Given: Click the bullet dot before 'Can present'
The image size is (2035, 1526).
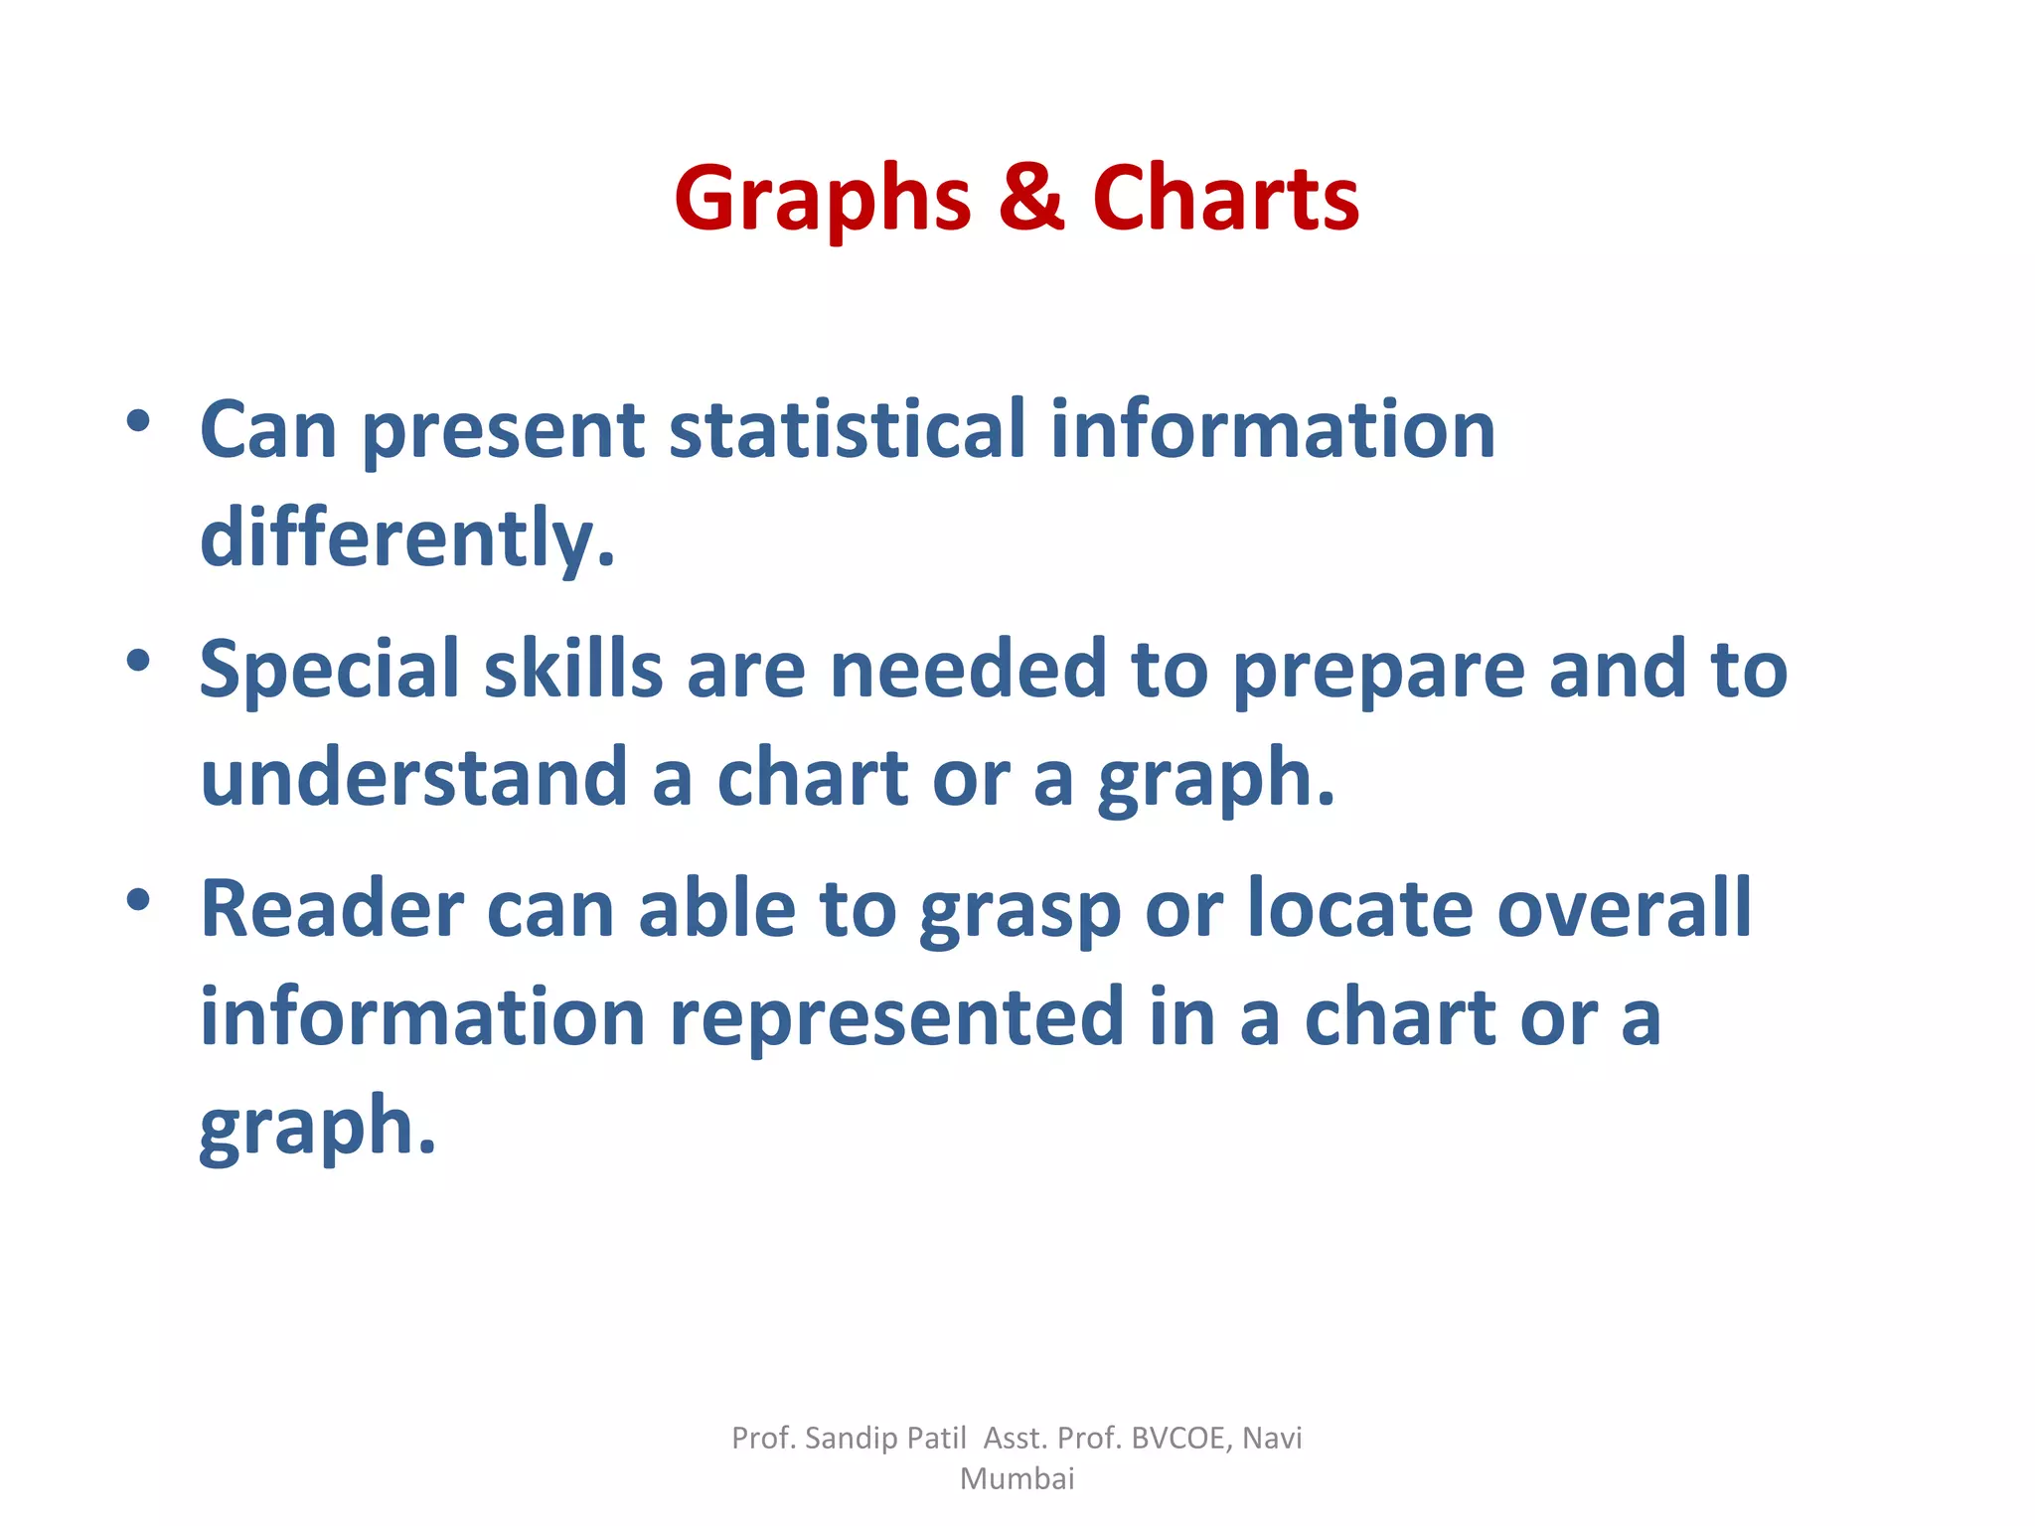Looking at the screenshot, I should click(x=138, y=420).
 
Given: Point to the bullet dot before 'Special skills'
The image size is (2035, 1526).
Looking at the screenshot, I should click(x=138, y=660).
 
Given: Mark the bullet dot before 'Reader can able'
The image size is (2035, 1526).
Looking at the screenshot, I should click(x=138, y=900).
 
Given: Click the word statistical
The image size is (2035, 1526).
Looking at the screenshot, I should click(x=847, y=429).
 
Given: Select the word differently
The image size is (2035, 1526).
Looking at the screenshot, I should click(x=407, y=537).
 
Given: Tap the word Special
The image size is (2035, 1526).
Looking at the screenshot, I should click(x=329, y=670).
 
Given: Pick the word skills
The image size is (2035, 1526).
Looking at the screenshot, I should click(x=573, y=669).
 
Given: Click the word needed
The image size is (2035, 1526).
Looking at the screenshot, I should click(x=968, y=669).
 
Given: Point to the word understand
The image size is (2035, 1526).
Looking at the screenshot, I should click(x=413, y=777).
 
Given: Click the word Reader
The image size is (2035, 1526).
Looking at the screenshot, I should click(x=332, y=909).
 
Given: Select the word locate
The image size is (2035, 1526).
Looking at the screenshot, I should click(x=1359, y=909).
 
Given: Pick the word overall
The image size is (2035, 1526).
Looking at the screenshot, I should click(x=1624, y=909).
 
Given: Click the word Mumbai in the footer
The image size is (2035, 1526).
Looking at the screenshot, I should click(x=1017, y=1479).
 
